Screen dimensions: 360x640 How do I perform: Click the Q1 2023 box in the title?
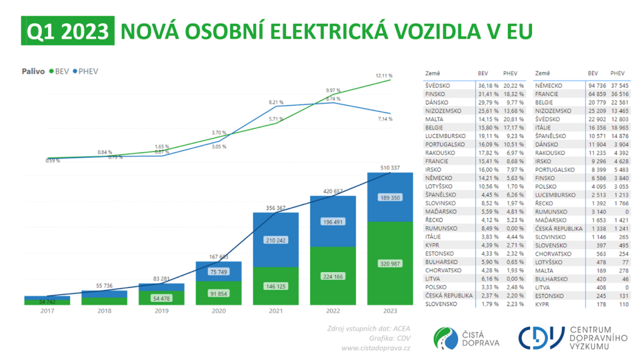[x=67, y=31]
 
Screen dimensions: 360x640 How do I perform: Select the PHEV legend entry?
[x=87, y=71]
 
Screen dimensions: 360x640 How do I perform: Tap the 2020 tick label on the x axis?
[x=219, y=310]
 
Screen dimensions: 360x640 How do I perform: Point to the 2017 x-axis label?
[x=47, y=310]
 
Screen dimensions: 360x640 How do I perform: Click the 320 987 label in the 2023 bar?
[x=389, y=264]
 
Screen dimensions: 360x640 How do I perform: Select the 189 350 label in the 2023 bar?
[x=389, y=197]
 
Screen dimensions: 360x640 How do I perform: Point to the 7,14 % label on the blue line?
[x=384, y=119]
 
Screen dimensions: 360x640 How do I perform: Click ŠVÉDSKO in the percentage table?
[x=439, y=85]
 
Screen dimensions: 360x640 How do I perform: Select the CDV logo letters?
[x=541, y=337]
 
